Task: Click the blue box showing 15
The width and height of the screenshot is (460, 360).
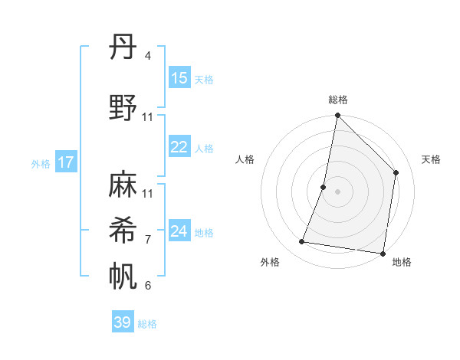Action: pyautogui.click(x=179, y=78)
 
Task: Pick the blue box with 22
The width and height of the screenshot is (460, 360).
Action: pyautogui.click(x=179, y=148)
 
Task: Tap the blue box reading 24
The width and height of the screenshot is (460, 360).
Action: pyautogui.click(x=179, y=231)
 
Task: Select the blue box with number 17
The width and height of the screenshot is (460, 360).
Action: pyautogui.click(x=66, y=162)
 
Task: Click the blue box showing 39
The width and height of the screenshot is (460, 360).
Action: pyautogui.click(x=123, y=322)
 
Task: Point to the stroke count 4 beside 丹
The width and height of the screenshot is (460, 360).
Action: pyautogui.click(x=147, y=56)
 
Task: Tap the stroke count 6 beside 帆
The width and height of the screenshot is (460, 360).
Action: pyautogui.click(x=147, y=286)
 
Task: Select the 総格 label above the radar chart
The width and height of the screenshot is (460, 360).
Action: pyautogui.click(x=338, y=100)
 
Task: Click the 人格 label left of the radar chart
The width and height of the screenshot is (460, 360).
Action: pyautogui.click(x=245, y=159)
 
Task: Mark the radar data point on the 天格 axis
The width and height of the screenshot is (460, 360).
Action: pyautogui.click(x=396, y=172)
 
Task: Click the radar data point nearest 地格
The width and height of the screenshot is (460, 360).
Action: pyautogui.click(x=383, y=253)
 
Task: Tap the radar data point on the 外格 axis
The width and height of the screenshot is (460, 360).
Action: pyautogui.click(x=302, y=242)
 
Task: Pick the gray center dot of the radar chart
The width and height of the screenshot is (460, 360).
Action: pyautogui.click(x=337, y=191)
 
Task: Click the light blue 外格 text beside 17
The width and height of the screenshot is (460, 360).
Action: pyautogui.click(x=41, y=163)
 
